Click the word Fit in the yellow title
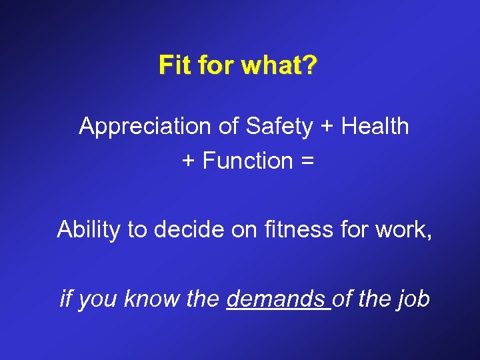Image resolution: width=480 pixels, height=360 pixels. (175, 65)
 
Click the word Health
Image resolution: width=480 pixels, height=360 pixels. (375, 126)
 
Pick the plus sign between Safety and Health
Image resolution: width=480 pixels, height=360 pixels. (327, 127)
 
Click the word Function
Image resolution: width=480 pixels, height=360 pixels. (248, 161)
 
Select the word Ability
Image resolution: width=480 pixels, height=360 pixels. (89, 229)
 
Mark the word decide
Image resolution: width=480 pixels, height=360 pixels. (185, 229)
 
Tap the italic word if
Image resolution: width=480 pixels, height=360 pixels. (65, 299)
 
